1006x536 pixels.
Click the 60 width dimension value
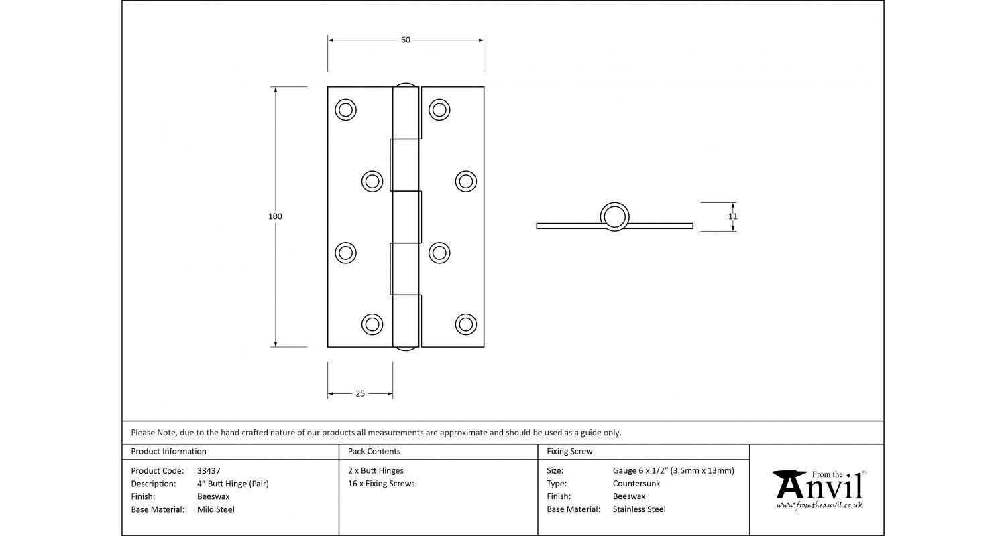tap(406, 40)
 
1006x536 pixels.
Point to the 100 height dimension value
tap(275, 216)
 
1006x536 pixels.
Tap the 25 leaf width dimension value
tap(360, 393)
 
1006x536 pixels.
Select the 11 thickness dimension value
tap(733, 216)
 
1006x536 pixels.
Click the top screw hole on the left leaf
tap(345, 109)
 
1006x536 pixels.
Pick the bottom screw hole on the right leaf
tap(465, 324)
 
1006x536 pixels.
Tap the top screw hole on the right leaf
tap(439, 109)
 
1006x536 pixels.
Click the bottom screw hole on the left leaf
tap(372, 324)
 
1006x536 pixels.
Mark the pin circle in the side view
tap(614, 216)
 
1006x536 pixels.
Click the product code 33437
tap(209, 471)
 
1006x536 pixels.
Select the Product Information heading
tap(168, 452)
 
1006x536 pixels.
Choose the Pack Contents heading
tap(374, 452)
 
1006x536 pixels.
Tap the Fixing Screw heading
tap(569, 452)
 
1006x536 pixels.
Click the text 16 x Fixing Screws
tap(381, 484)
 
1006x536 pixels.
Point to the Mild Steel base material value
tap(216, 509)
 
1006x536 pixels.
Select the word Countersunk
tap(636, 484)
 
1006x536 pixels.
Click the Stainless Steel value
tap(639, 509)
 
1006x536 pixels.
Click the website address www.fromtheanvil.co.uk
tap(820, 505)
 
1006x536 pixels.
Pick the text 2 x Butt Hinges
tap(376, 471)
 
